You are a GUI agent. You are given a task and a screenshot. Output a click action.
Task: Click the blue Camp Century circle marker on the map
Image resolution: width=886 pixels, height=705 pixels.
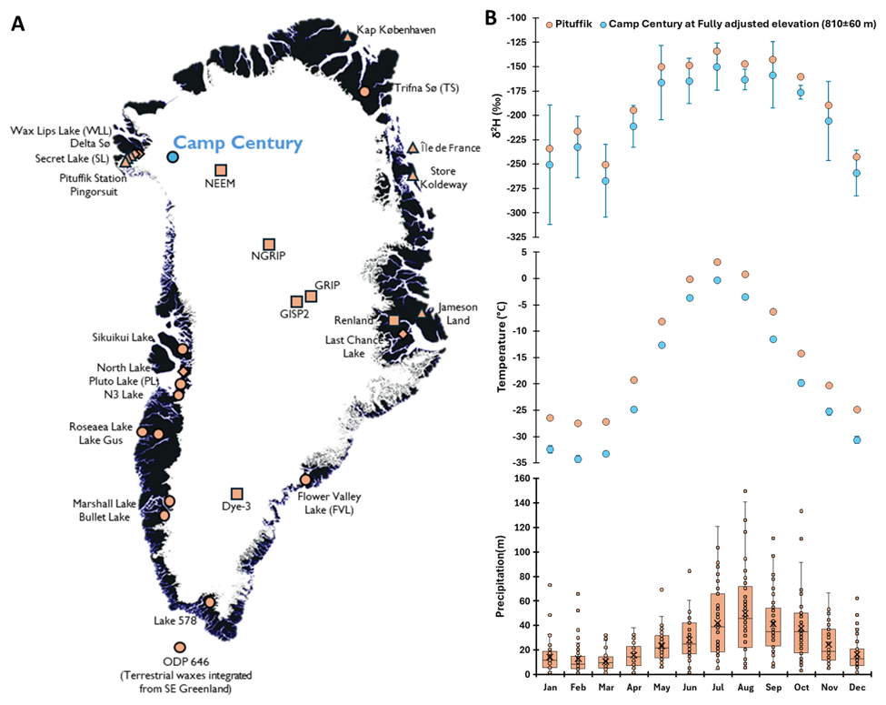click(x=173, y=156)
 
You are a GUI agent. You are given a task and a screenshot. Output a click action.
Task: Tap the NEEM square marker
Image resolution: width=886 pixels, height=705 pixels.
click(x=221, y=170)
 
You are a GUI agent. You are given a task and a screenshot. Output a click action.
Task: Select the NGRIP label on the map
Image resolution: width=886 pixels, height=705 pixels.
click(x=268, y=256)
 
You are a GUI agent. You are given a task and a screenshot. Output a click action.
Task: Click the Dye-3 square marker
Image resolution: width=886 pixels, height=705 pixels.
click(x=237, y=494)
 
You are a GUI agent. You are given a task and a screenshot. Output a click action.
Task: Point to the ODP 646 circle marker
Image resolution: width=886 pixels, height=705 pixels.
click(x=180, y=648)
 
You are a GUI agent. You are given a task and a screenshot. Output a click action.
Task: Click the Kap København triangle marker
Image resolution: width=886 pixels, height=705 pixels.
click(x=348, y=37)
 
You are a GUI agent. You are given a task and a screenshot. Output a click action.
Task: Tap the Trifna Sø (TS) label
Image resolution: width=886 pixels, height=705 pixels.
click(x=426, y=87)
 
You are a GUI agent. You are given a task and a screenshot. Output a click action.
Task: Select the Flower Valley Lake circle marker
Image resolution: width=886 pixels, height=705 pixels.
click(x=305, y=479)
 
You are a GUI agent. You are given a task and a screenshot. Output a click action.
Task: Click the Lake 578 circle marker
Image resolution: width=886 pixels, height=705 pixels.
click(x=210, y=601)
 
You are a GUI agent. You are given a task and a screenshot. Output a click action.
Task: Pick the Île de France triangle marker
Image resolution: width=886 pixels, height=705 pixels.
click(x=413, y=147)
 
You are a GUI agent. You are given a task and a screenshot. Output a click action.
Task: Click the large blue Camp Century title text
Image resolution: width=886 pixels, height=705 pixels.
click(x=238, y=143)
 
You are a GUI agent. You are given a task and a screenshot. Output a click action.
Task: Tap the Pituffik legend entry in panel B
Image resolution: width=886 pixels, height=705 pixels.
click(x=569, y=25)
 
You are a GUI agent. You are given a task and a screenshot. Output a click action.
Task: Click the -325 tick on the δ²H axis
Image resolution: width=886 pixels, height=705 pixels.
click(x=515, y=237)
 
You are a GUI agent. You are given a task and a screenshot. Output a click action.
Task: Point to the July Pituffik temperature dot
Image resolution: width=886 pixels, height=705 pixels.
click(x=717, y=262)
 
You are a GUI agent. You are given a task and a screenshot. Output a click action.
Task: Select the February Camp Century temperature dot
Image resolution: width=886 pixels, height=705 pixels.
click(x=578, y=458)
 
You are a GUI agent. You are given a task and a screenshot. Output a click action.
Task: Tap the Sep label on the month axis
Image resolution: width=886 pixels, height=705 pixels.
click(x=773, y=687)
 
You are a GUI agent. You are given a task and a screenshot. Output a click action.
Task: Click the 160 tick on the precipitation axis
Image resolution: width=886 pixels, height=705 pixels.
click(x=522, y=478)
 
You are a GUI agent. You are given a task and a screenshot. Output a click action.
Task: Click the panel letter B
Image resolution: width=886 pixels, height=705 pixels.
click(x=491, y=18)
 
